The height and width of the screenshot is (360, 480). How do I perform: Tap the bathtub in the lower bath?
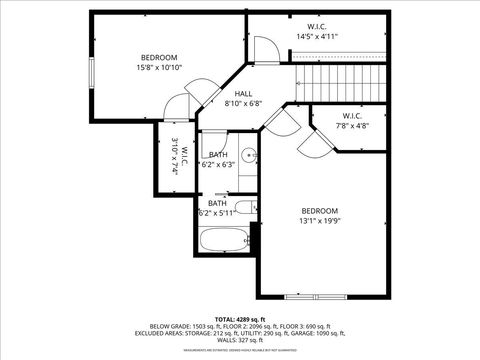pyautogui.click(x=224, y=241)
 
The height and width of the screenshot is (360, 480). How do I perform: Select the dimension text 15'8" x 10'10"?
pyautogui.click(x=159, y=68)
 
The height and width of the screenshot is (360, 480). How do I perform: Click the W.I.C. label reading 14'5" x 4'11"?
pyautogui.click(x=317, y=36)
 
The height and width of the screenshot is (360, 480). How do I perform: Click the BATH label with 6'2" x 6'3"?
pyautogui.click(x=217, y=159)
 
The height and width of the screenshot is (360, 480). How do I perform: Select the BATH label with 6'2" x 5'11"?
pyautogui.click(x=217, y=207)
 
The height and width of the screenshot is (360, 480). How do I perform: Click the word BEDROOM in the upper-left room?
pyautogui.click(x=159, y=57)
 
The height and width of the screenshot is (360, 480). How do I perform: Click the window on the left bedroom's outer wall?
pyautogui.click(x=91, y=73)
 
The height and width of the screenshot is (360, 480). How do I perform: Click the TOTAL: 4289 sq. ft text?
pyautogui.click(x=239, y=318)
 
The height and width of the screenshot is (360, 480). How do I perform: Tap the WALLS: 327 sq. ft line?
pyautogui.click(x=240, y=340)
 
